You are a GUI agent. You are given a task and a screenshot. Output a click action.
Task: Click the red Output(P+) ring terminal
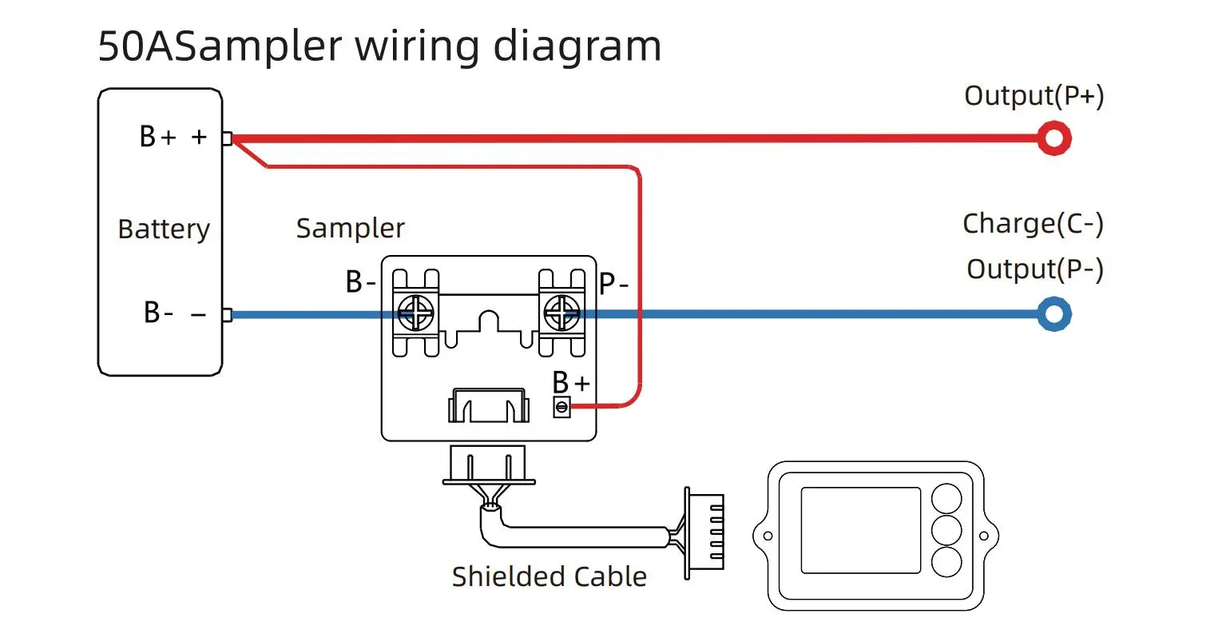[1053, 138]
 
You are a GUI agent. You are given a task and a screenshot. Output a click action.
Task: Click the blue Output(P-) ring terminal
[1053, 314]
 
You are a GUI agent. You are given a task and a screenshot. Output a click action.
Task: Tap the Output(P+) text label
[1033, 96]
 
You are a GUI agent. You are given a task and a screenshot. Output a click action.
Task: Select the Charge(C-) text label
[1033, 224]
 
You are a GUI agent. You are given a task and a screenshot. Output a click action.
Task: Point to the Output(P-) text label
[1034, 269]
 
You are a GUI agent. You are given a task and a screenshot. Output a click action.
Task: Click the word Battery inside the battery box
[164, 229]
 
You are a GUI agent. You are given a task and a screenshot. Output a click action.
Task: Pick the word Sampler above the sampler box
[350, 229]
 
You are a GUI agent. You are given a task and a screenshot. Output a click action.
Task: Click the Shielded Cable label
[549, 576]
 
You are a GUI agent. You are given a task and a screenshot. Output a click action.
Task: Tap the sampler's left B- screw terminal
[416, 313]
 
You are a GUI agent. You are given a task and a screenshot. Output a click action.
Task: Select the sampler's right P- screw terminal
[561, 313]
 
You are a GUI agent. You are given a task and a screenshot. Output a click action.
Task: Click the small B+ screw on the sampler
[561, 408]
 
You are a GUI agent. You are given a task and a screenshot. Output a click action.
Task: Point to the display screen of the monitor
[860, 530]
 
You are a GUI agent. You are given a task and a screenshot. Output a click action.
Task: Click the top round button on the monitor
[947, 499]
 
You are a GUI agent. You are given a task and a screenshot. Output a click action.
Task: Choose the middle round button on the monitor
[947, 530]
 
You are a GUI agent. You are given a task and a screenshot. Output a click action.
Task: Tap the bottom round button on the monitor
[947, 561]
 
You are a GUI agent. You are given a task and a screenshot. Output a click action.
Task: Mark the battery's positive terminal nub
[227, 139]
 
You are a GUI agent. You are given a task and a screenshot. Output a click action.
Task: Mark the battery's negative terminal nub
[227, 315]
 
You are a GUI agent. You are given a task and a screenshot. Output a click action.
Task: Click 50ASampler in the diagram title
[220, 46]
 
